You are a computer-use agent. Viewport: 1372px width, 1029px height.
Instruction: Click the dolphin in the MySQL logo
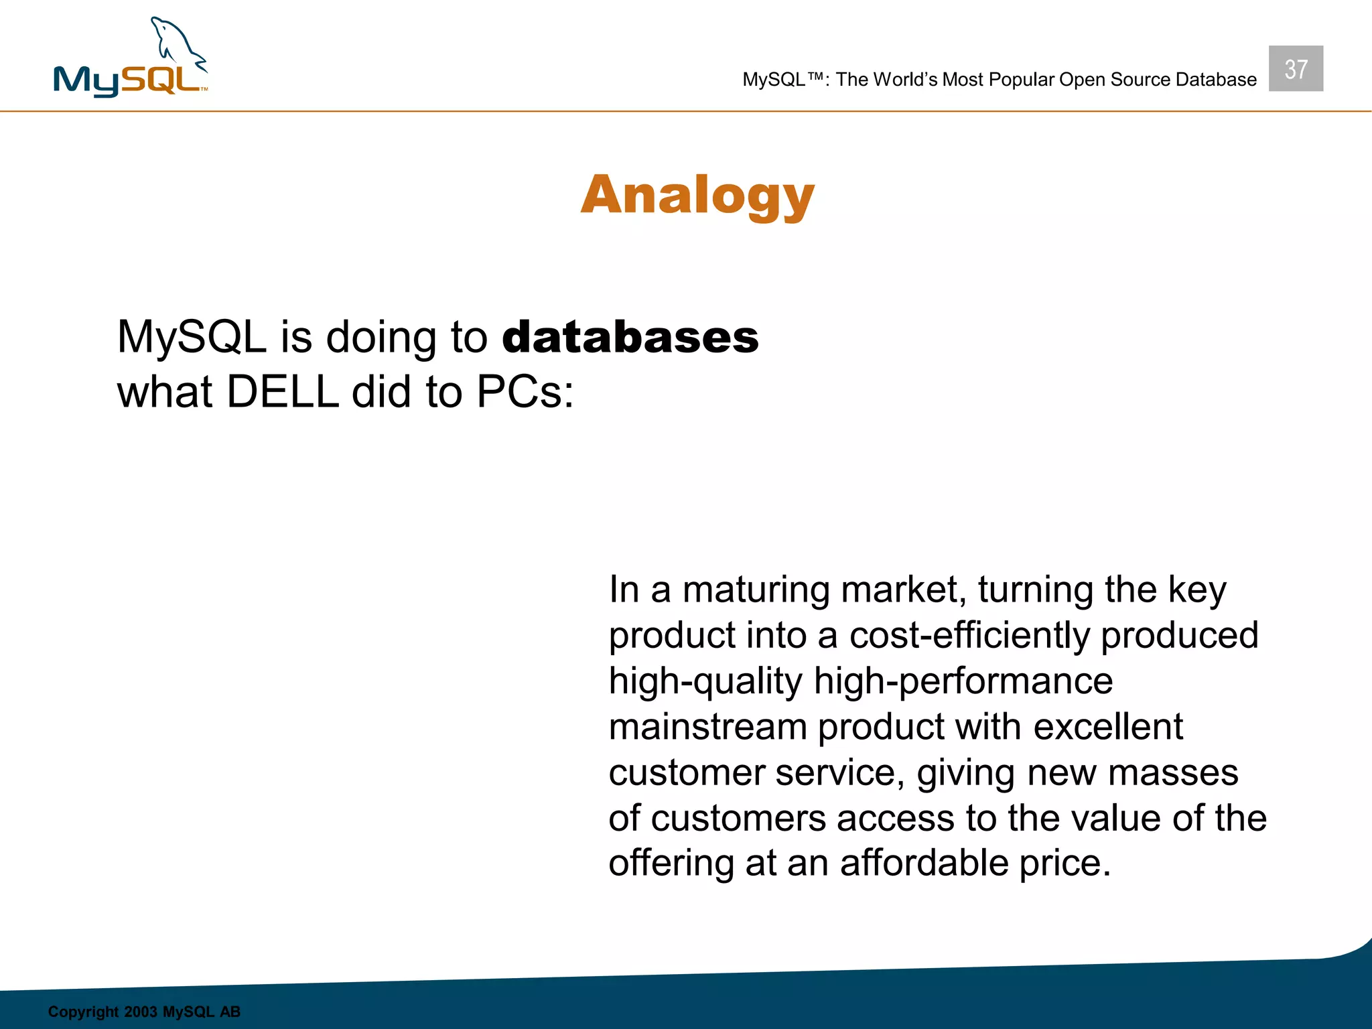pyautogui.click(x=176, y=46)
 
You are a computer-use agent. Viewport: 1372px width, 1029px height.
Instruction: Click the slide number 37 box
pyautogui.click(x=1295, y=69)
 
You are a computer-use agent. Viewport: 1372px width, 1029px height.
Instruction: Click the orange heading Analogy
pyautogui.click(x=697, y=196)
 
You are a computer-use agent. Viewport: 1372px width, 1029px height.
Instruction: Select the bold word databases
pyautogui.click(x=630, y=337)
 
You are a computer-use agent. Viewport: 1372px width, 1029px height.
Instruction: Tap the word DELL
pyautogui.click(x=282, y=392)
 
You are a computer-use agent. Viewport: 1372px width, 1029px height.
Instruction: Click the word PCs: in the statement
pyautogui.click(x=525, y=392)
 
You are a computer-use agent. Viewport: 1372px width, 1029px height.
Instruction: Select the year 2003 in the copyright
pyautogui.click(x=141, y=1012)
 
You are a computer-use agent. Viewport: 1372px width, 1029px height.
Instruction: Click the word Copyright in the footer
pyautogui.click(x=83, y=1012)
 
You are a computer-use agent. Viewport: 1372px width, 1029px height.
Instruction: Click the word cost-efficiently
pyautogui.click(x=969, y=636)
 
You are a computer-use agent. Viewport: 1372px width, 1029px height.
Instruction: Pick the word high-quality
pyautogui.click(x=705, y=682)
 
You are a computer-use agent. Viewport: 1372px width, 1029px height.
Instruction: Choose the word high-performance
pyautogui.click(x=963, y=682)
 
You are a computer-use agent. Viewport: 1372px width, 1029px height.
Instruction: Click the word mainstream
pyautogui.click(x=707, y=728)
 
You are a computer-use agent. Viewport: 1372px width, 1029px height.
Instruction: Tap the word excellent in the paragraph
pyautogui.click(x=1107, y=728)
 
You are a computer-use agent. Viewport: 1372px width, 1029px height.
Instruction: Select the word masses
pyautogui.click(x=1172, y=773)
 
